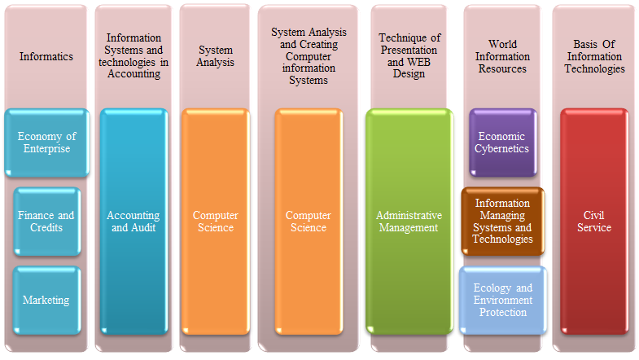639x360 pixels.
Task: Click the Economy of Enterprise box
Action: pyautogui.click(x=47, y=143)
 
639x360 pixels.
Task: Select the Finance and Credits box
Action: pyautogui.click(x=47, y=222)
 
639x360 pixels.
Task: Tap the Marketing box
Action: pyautogui.click(x=47, y=301)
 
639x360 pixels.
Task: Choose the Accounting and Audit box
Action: pyautogui.click(x=133, y=222)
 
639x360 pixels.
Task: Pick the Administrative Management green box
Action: pyautogui.click(x=409, y=222)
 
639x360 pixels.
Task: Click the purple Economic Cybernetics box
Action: pyautogui.click(x=503, y=143)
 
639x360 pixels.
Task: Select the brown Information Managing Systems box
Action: pyautogui.click(x=503, y=222)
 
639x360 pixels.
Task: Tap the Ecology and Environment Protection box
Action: pyautogui.click(x=503, y=301)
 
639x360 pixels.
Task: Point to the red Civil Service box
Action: pyautogui.click(x=594, y=222)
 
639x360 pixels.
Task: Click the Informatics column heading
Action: pyautogui.click(x=46, y=56)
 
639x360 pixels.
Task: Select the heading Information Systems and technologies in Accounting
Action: pyautogui.click(x=133, y=56)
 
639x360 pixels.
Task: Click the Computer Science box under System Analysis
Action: pyautogui.click(x=216, y=222)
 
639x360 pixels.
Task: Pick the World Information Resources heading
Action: pyautogui.click(x=502, y=56)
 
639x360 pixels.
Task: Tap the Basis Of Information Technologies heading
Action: pyautogui.click(x=594, y=56)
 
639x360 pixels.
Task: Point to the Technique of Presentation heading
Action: pyautogui.click(x=409, y=56)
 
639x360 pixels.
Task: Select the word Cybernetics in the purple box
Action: pyautogui.click(x=501, y=148)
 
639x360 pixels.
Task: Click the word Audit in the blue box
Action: pyautogui.click(x=145, y=227)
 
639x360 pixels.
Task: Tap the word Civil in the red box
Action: pyautogui.click(x=593, y=215)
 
